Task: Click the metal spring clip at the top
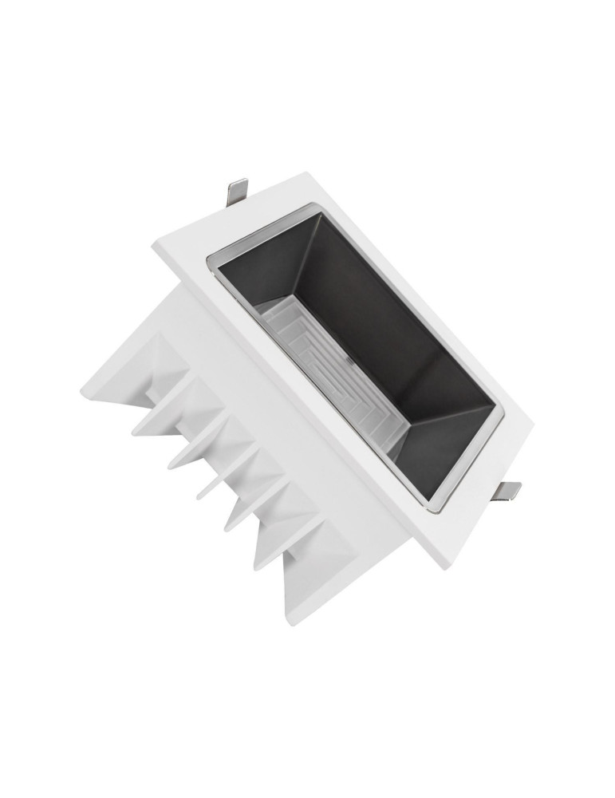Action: [x=236, y=191]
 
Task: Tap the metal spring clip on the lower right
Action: [x=507, y=491]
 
